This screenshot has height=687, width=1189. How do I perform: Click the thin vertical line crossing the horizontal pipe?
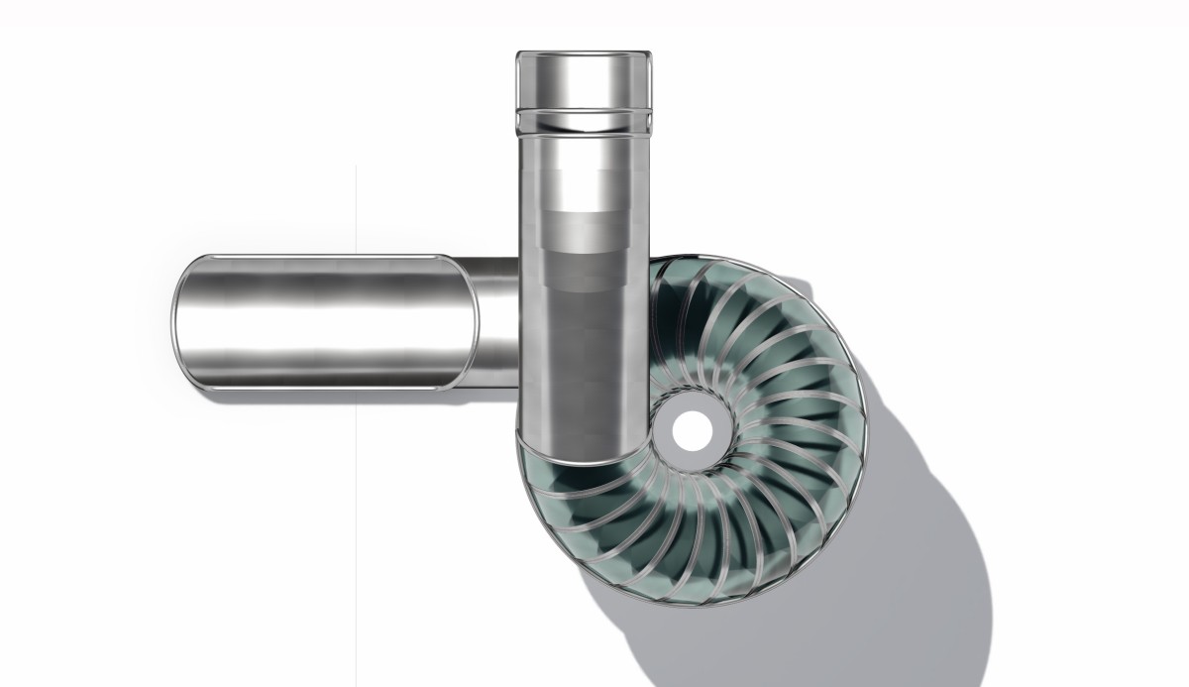click(x=356, y=327)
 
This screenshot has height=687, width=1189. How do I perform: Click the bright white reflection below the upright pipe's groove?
click(x=583, y=159)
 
